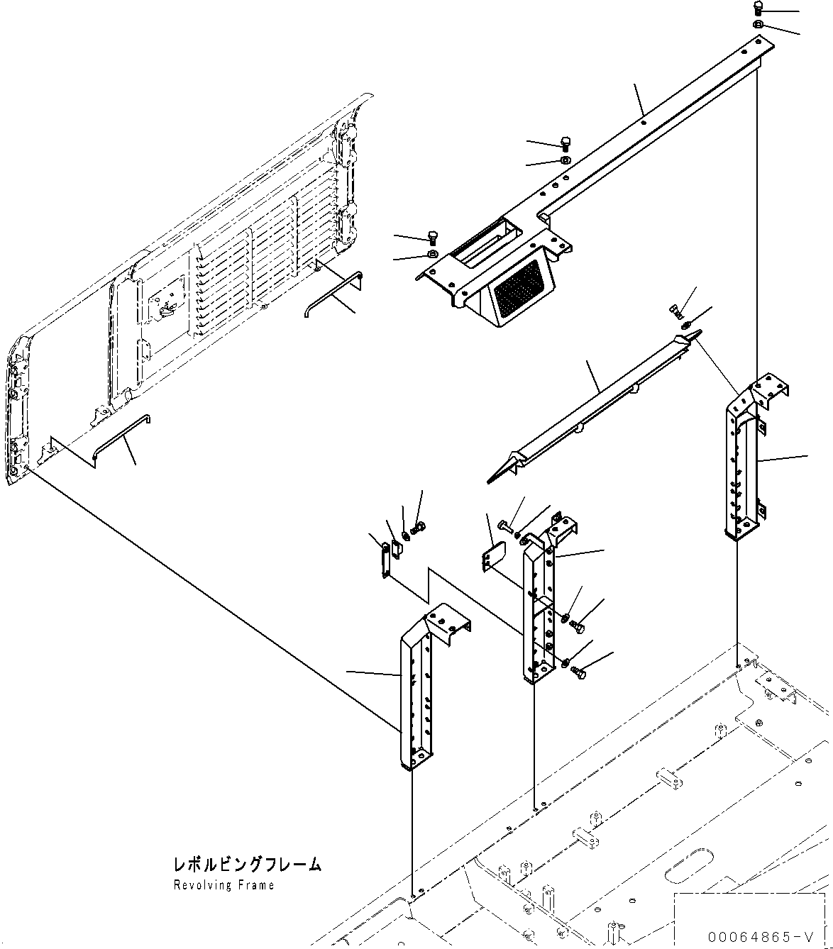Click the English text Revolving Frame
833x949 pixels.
click(224, 885)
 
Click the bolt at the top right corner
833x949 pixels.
click(758, 9)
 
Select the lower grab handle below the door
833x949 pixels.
click(121, 435)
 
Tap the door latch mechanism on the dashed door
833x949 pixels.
click(167, 306)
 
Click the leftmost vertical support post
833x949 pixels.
click(416, 695)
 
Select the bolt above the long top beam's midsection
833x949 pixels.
click(566, 143)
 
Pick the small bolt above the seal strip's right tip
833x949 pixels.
click(675, 310)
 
